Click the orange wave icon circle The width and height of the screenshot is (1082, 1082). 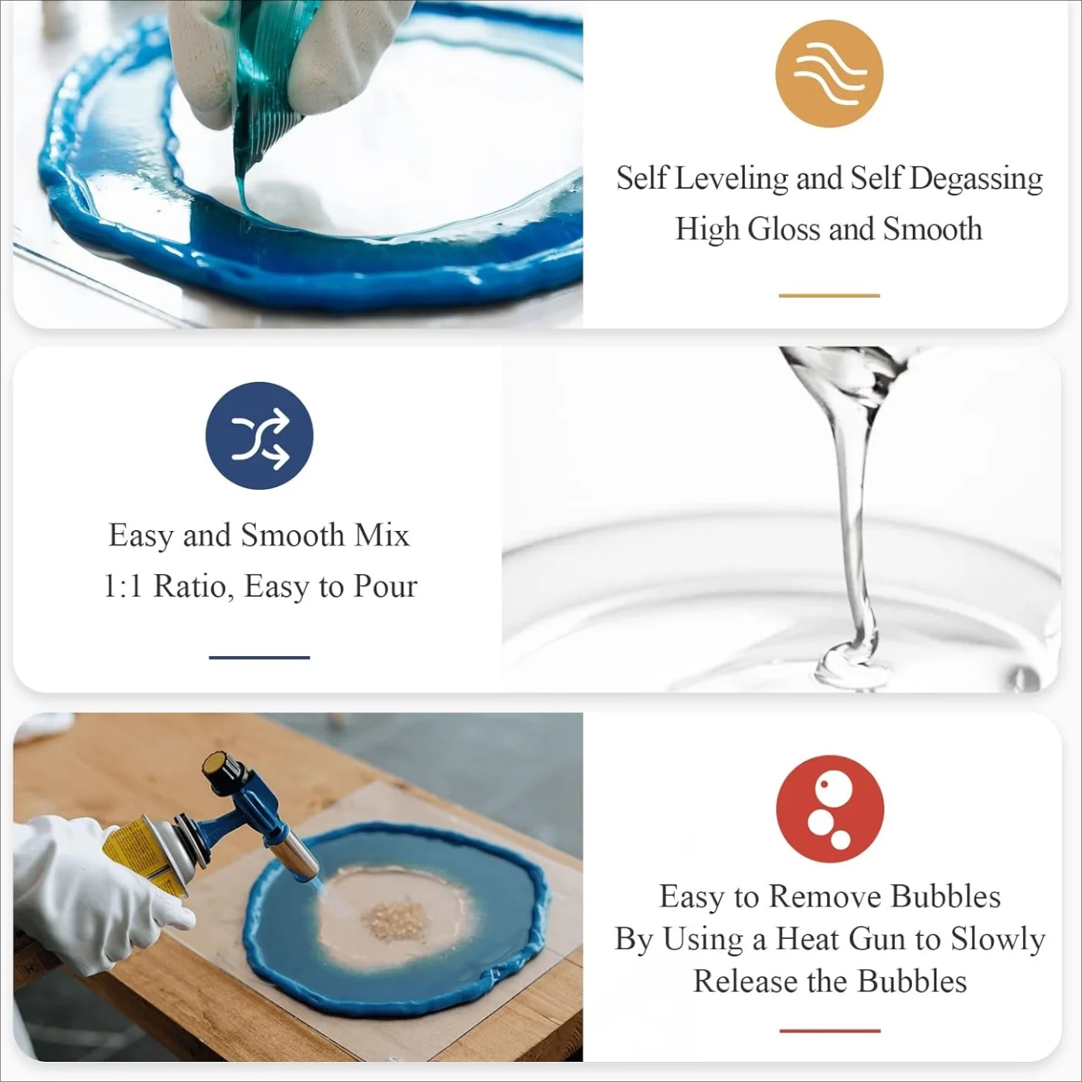829,73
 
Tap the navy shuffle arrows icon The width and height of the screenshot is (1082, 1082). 260,436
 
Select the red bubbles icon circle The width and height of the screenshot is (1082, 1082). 829,809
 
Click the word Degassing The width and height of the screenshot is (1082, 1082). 976,179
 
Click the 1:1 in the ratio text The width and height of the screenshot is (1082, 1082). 124,587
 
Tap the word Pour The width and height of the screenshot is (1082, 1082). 385,587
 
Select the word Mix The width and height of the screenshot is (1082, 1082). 382,536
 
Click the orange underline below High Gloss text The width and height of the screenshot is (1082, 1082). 829,295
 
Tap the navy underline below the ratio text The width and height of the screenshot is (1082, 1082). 260,658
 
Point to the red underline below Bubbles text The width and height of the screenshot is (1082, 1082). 829,1030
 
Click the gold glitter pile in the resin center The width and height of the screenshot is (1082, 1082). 395,920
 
